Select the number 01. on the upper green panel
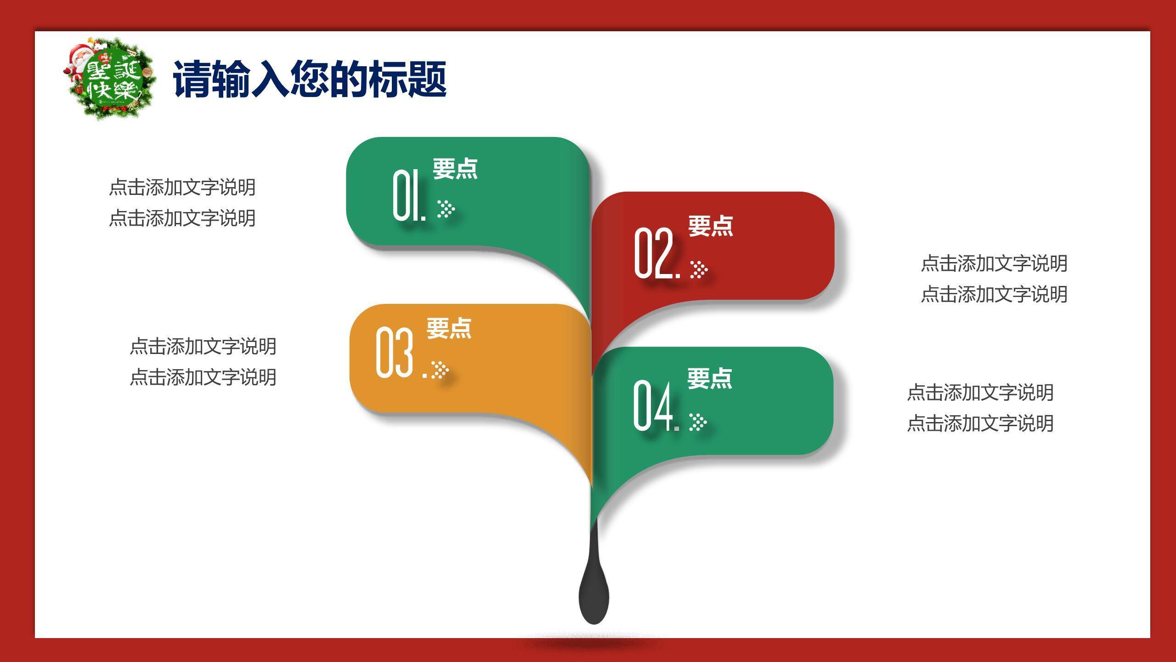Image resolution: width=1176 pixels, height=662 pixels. (409, 195)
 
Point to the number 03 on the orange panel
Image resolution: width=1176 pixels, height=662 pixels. (394, 353)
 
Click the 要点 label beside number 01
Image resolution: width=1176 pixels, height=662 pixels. (455, 169)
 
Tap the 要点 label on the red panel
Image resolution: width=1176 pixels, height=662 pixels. (710, 226)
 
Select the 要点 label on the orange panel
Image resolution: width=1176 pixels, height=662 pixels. (449, 328)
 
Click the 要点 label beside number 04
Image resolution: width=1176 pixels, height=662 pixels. (709, 378)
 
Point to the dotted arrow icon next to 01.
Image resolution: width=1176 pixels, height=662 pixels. (446, 209)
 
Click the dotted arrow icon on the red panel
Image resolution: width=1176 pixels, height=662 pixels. (699, 269)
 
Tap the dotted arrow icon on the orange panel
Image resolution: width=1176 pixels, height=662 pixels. (440, 370)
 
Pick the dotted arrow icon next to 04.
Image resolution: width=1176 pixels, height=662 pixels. (698, 422)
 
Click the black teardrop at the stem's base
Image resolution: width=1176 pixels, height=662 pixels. (594, 595)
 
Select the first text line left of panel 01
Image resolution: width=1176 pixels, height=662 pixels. (182, 187)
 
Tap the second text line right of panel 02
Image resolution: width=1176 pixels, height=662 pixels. (994, 294)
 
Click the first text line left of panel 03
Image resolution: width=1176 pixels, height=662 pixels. (203, 346)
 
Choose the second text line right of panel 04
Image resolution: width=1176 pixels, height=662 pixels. (980, 423)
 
